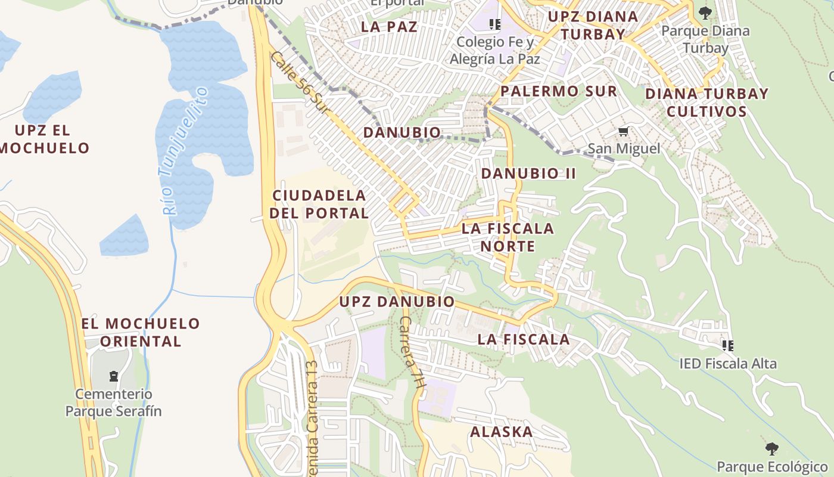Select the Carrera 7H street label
(412, 352)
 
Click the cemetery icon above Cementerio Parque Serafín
(113, 376)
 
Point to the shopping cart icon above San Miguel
(623, 131)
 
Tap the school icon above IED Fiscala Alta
(727, 345)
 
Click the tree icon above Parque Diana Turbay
(705, 13)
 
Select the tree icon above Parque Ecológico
(771, 448)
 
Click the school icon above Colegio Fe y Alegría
(494, 24)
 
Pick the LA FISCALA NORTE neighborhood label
(508, 237)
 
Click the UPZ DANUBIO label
(397, 302)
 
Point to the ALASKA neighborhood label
(502, 432)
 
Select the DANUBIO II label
(528, 174)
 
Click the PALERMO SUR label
(559, 91)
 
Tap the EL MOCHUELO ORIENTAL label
(141, 332)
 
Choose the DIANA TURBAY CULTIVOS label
(707, 103)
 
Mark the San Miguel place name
(624, 148)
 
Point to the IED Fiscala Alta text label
(728, 363)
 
